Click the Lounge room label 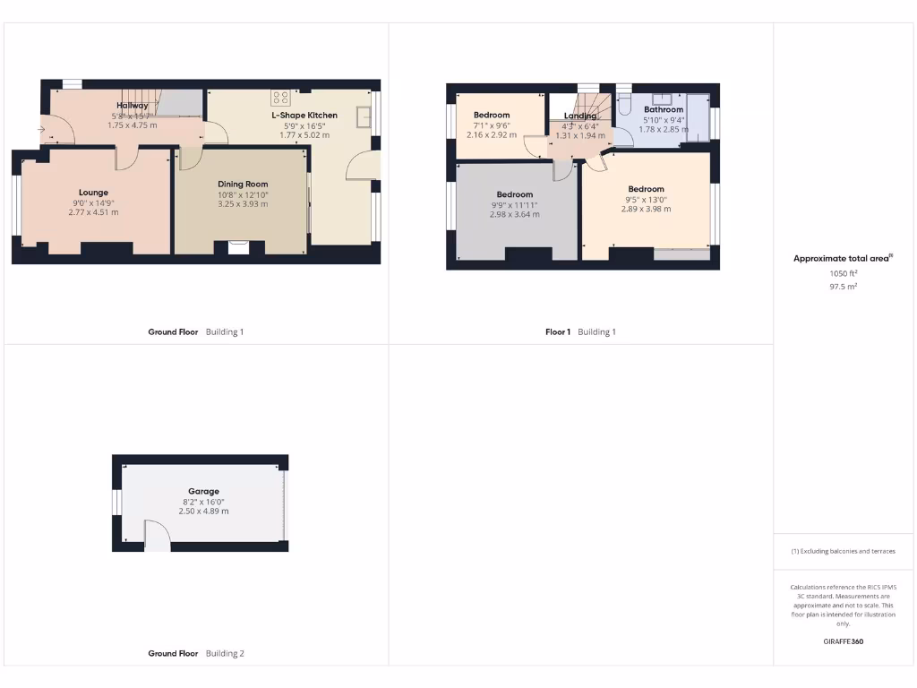[x=93, y=193]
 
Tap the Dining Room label [x=243, y=184]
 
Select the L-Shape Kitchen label [x=304, y=116]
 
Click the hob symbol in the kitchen [x=280, y=98]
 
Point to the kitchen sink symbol [x=364, y=116]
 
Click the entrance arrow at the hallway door [x=41, y=130]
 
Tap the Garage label [x=203, y=491]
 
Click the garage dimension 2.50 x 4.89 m [x=203, y=511]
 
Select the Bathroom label [x=664, y=109]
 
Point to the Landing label [x=579, y=116]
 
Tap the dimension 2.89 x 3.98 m [x=646, y=209]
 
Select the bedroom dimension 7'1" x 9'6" [x=492, y=125]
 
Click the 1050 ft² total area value [x=843, y=273]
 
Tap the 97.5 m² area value [x=843, y=287]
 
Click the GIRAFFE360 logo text [x=843, y=641]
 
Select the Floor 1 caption [x=557, y=332]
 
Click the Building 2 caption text [x=224, y=654]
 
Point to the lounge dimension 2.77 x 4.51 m [x=93, y=212]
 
